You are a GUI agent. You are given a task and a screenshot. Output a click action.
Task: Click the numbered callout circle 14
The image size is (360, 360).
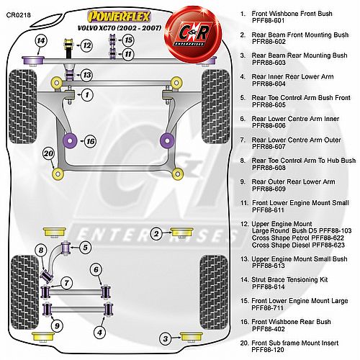point(41,40)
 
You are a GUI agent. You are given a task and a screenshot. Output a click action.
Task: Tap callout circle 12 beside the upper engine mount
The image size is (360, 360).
point(86,45)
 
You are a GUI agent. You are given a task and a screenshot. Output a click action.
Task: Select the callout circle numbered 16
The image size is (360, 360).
point(90,141)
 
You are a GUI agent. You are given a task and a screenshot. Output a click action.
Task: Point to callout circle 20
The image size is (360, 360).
point(49,153)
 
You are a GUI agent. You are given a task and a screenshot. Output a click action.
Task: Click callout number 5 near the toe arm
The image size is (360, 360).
point(85,247)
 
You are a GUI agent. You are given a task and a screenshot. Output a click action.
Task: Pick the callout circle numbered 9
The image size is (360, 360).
point(96,269)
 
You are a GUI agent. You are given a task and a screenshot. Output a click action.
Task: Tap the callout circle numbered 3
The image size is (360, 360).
point(166,339)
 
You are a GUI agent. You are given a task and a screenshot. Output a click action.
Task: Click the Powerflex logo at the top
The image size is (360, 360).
point(120,17)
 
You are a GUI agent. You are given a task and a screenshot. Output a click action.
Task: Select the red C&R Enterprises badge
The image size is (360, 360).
point(193,34)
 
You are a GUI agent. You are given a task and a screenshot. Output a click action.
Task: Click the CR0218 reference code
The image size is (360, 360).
point(19,15)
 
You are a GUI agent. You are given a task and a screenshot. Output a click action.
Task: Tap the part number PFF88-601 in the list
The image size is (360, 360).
point(269,21)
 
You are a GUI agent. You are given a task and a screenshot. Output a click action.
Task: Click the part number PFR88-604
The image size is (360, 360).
point(269,84)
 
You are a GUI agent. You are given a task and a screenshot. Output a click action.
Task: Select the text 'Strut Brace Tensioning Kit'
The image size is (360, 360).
point(289,279)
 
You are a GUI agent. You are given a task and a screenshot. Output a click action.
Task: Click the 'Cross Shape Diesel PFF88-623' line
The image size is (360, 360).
point(298,245)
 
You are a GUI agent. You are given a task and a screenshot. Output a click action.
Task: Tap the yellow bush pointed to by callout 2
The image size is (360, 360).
point(181,233)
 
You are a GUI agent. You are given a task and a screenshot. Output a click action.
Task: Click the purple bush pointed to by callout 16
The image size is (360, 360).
point(70,140)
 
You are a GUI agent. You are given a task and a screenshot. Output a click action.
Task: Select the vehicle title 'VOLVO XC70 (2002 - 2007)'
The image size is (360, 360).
point(120,28)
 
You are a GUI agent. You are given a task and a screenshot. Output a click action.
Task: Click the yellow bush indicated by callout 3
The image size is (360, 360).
point(192,337)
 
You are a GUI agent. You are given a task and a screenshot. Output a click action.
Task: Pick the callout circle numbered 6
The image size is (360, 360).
point(96,269)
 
